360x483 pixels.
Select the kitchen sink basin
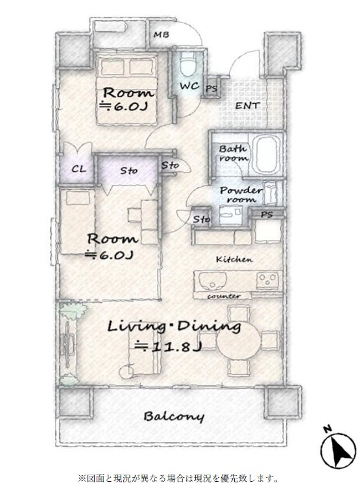pyautogui.click(x=212, y=280)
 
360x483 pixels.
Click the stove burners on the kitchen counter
pyautogui.click(x=267, y=280)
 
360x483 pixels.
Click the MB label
pyautogui.click(x=162, y=34)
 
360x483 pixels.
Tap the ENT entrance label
pyautogui.click(x=247, y=106)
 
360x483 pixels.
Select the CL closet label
pyautogui.click(x=78, y=169)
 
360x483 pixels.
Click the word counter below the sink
pyautogui.click(x=224, y=296)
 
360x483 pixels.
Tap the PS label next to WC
pyautogui.click(x=211, y=89)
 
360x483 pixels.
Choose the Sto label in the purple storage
pyautogui.click(x=128, y=170)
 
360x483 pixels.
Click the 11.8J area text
pyautogui.click(x=168, y=346)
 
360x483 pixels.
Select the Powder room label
pyautogui.click(x=241, y=194)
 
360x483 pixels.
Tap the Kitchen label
pyautogui.click(x=234, y=259)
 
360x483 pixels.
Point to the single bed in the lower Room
pyautogui.click(x=77, y=221)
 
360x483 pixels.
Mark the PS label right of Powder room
pyautogui.click(x=267, y=215)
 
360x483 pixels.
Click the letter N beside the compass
pyautogui.click(x=328, y=429)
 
